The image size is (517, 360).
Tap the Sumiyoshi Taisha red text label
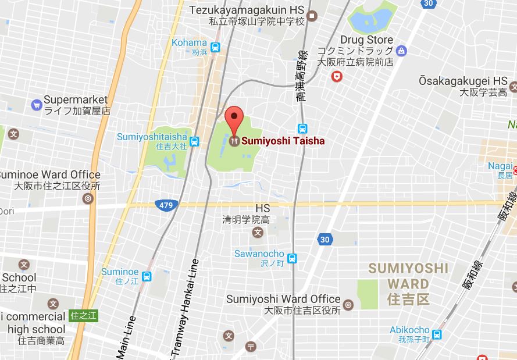click(283, 141)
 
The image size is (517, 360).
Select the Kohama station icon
click(216, 47)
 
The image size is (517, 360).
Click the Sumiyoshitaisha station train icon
click(194, 141)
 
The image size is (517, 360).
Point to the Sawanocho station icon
click(292, 258)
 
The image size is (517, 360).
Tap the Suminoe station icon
click(147, 276)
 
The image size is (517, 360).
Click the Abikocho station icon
click(437, 334)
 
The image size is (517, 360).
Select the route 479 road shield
click(166, 205)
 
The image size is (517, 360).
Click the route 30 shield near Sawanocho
click(325, 238)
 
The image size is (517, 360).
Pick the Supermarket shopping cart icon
click(37, 105)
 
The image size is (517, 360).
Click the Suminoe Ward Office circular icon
click(88, 198)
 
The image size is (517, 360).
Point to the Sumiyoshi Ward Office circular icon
click(348, 304)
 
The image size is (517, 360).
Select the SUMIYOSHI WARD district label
click(408, 276)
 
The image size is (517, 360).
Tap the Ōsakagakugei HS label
click(463, 81)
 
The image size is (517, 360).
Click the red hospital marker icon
click(336, 76)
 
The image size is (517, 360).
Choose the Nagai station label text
click(500, 166)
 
